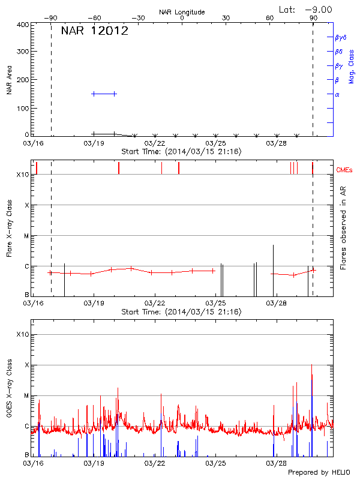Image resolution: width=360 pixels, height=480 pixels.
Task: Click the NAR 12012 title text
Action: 94,32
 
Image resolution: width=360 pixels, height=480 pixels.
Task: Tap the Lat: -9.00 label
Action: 305,10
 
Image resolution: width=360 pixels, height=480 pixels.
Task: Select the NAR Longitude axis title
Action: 182,12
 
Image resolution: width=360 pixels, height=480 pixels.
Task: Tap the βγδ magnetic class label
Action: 340,37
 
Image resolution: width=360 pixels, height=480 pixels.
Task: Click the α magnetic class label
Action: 337,94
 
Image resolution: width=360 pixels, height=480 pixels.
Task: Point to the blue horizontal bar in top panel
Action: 103,94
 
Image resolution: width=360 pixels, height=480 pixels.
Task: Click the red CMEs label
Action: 345,171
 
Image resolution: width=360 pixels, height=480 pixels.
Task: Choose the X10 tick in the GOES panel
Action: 22,334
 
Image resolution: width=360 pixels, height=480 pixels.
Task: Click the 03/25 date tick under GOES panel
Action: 215,463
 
